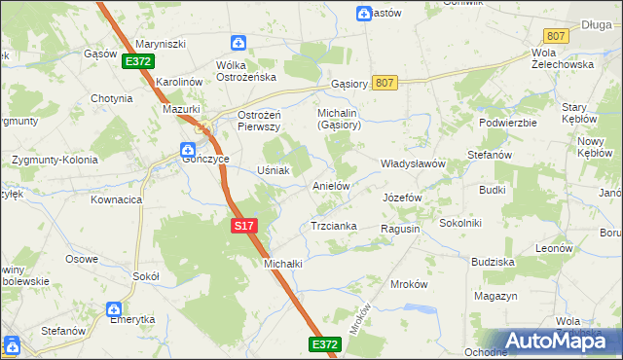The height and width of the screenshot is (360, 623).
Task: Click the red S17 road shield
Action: point(245,226)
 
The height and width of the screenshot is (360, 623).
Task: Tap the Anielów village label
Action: point(330,184)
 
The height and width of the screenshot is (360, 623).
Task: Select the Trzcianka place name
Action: point(333,226)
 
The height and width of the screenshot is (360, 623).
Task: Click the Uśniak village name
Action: point(274,170)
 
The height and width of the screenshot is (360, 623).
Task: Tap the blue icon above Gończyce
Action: point(187,149)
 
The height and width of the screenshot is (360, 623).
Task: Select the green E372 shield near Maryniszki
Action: point(137,61)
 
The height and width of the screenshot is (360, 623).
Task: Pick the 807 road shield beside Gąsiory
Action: point(385,84)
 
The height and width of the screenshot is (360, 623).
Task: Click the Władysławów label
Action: point(412,163)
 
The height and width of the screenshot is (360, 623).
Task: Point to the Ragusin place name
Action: point(400,228)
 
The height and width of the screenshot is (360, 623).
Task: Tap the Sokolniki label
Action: point(460,223)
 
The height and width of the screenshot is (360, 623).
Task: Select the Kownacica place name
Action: point(117,199)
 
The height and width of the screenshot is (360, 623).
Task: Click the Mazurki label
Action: point(180,110)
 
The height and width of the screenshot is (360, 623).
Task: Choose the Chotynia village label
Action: point(111,98)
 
